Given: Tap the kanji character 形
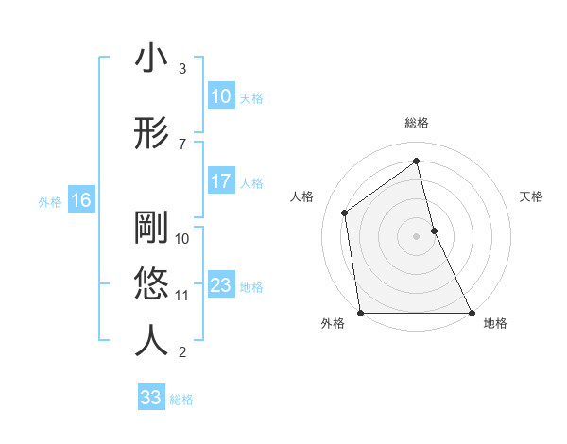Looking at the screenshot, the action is pyautogui.click(x=151, y=133).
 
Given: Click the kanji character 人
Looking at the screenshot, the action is pyautogui.click(x=151, y=341).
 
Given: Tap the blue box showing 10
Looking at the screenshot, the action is pyautogui.click(x=221, y=96).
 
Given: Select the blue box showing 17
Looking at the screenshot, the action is pyautogui.click(x=221, y=182).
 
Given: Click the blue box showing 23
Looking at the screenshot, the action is pyautogui.click(x=221, y=286).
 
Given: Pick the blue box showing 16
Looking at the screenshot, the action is pyautogui.click(x=80, y=200).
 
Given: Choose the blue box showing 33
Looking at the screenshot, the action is pyautogui.click(x=150, y=398).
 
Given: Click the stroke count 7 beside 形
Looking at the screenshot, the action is pyautogui.click(x=181, y=145).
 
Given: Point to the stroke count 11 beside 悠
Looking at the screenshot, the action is pyautogui.click(x=181, y=295).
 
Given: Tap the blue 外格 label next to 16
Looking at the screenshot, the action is pyautogui.click(x=49, y=201).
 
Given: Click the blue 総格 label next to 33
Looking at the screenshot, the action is pyautogui.click(x=182, y=399).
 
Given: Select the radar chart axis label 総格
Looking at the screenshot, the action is pyautogui.click(x=416, y=123).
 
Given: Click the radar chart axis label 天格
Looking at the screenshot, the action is pyautogui.click(x=532, y=196).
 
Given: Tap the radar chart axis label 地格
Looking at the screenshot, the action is pyautogui.click(x=495, y=323).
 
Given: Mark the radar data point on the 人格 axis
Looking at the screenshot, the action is pyautogui.click(x=345, y=213).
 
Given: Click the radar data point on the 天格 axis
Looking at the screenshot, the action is pyautogui.click(x=434, y=231).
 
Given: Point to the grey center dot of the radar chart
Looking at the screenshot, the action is pyautogui.click(x=416, y=236).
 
